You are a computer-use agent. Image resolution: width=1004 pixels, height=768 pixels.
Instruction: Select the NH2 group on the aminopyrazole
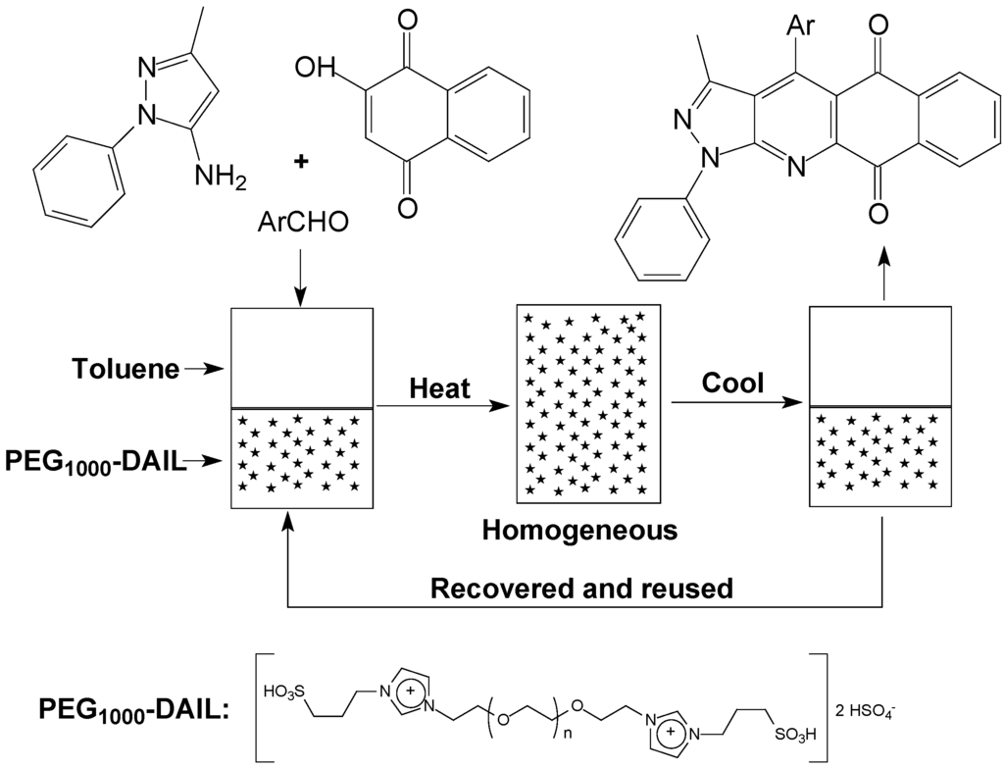coord(214,177)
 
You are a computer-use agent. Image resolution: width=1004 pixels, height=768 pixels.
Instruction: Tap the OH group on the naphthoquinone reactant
coord(314,69)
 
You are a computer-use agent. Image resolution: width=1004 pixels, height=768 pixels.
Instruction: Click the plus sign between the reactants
coord(301,163)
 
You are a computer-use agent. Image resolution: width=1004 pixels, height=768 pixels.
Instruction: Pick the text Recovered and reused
coord(582,589)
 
